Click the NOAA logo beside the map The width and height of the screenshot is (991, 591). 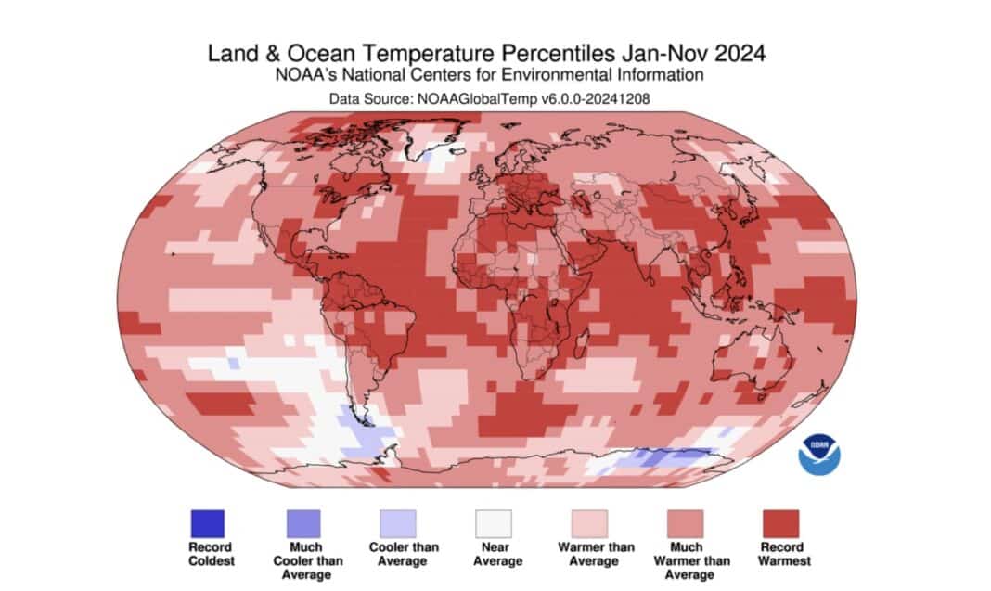coord(819,455)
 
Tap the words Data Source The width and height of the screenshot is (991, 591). coord(370,96)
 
